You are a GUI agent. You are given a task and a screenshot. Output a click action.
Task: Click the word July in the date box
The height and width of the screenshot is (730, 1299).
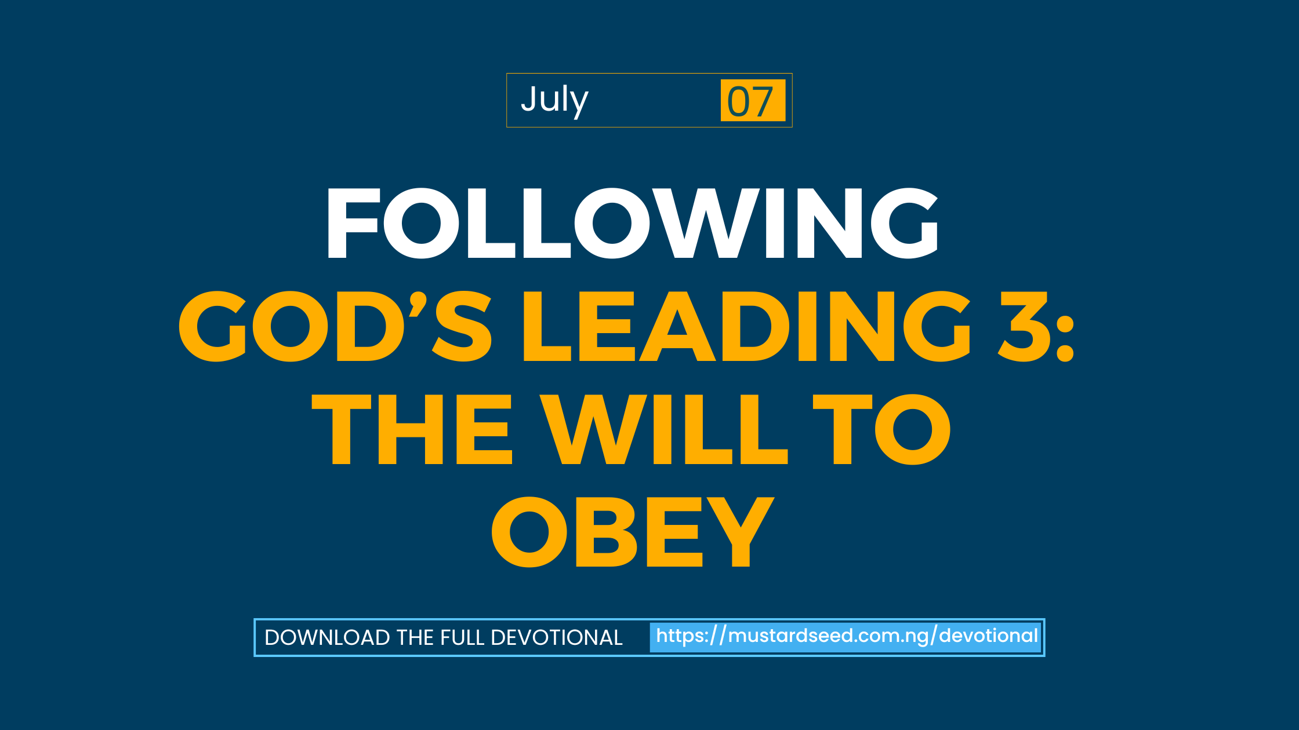554,100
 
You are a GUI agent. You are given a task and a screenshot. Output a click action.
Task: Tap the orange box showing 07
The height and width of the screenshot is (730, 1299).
753,100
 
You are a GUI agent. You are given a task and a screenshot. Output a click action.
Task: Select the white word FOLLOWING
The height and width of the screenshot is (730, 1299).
633,223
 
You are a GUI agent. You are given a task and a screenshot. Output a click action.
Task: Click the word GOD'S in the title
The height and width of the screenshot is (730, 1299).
335,326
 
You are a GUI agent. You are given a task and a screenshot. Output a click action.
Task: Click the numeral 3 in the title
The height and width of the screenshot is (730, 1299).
1024,326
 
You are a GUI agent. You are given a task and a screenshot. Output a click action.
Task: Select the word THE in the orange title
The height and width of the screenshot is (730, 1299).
412,429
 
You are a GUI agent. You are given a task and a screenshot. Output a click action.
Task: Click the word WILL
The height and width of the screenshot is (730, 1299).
664,429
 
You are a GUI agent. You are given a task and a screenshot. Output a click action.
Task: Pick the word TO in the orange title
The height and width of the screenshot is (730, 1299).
882,429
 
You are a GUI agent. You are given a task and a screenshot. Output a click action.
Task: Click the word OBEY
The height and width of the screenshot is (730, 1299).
633,532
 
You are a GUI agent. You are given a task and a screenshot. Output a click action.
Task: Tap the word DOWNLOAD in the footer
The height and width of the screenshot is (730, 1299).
328,637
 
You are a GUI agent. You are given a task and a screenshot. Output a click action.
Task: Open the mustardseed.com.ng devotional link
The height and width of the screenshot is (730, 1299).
846,637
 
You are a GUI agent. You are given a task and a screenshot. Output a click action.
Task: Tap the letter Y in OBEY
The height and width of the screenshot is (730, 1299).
741,532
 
